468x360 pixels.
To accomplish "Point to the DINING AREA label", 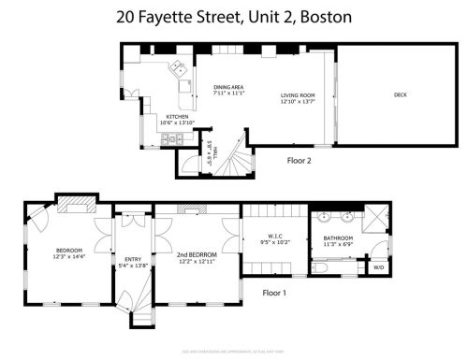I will coord(228,85).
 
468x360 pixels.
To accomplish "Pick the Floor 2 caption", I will coord(300,160).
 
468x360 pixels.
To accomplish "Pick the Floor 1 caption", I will coord(274,293).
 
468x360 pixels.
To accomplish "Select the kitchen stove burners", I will coord(168,140).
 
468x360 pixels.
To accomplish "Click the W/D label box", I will coord(379,268).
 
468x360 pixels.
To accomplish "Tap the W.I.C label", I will coord(269,237).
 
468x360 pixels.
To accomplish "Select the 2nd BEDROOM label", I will coord(197,254).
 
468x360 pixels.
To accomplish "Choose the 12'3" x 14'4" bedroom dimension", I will coord(70,256).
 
